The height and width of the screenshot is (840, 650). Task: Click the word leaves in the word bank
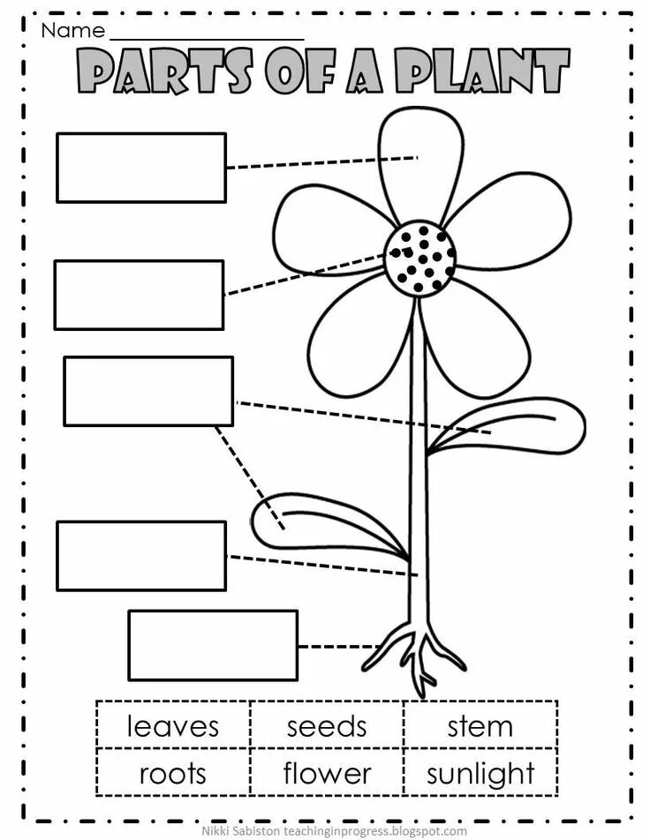coord(172,726)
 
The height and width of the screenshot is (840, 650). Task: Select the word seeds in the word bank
coord(326,726)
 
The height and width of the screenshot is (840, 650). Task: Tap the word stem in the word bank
coord(480,727)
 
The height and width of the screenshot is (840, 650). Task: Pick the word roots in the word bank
coord(172,774)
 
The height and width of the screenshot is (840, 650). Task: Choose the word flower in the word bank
coord(327,774)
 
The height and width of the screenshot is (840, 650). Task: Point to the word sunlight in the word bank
coord(480,775)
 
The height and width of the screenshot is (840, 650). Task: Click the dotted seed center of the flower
coord(420,259)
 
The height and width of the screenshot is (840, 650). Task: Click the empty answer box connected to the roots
coord(213,645)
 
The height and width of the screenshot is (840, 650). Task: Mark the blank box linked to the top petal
coord(141,168)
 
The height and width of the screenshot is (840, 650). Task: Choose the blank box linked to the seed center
coord(139,295)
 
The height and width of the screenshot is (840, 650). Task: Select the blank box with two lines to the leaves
coord(148,391)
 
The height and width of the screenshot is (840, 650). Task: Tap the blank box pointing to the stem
coord(141,556)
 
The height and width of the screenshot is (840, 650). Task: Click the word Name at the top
coord(72,32)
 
